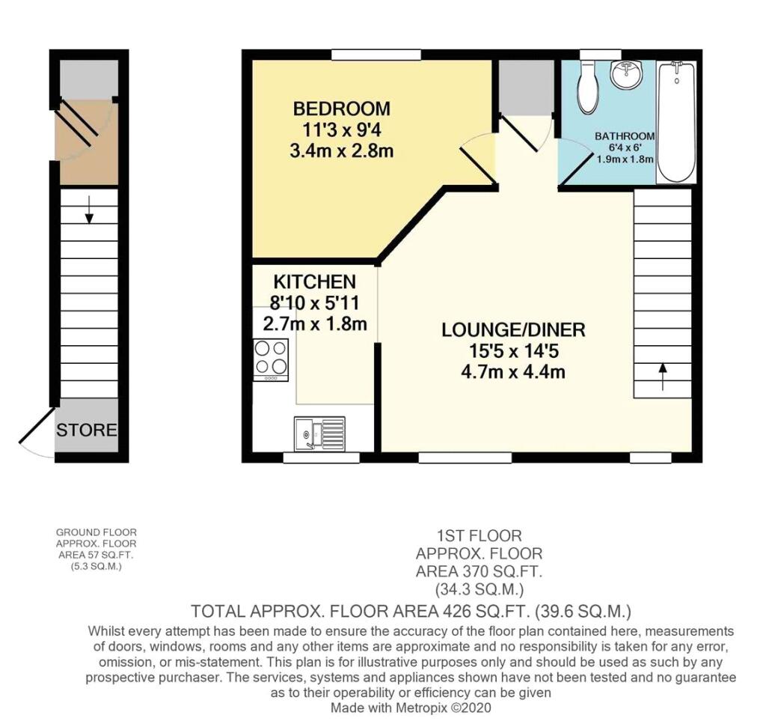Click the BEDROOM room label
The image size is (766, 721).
click(x=341, y=109)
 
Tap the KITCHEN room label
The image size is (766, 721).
click(x=315, y=282)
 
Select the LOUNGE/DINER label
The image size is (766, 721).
click(x=513, y=330)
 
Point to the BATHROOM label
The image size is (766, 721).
click(x=625, y=136)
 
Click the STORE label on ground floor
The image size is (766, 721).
click(x=87, y=431)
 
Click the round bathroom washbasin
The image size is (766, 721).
click(x=628, y=75)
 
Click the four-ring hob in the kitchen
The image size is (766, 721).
click(x=271, y=360)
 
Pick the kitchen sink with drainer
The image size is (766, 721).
click(x=319, y=433)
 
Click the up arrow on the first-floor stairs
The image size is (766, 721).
click(x=663, y=377)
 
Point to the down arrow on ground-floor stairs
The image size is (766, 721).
click(x=88, y=210)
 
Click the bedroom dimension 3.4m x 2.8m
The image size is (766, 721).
click(x=341, y=150)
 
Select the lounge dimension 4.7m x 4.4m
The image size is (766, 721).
click(x=513, y=372)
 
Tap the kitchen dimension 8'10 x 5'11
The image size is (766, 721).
click(x=314, y=302)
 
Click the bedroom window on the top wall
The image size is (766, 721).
click(x=376, y=54)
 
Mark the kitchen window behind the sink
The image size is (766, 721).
click(x=322, y=457)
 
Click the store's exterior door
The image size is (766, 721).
click(x=37, y=425)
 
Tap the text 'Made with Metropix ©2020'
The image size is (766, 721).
click(x=411, y=708)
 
